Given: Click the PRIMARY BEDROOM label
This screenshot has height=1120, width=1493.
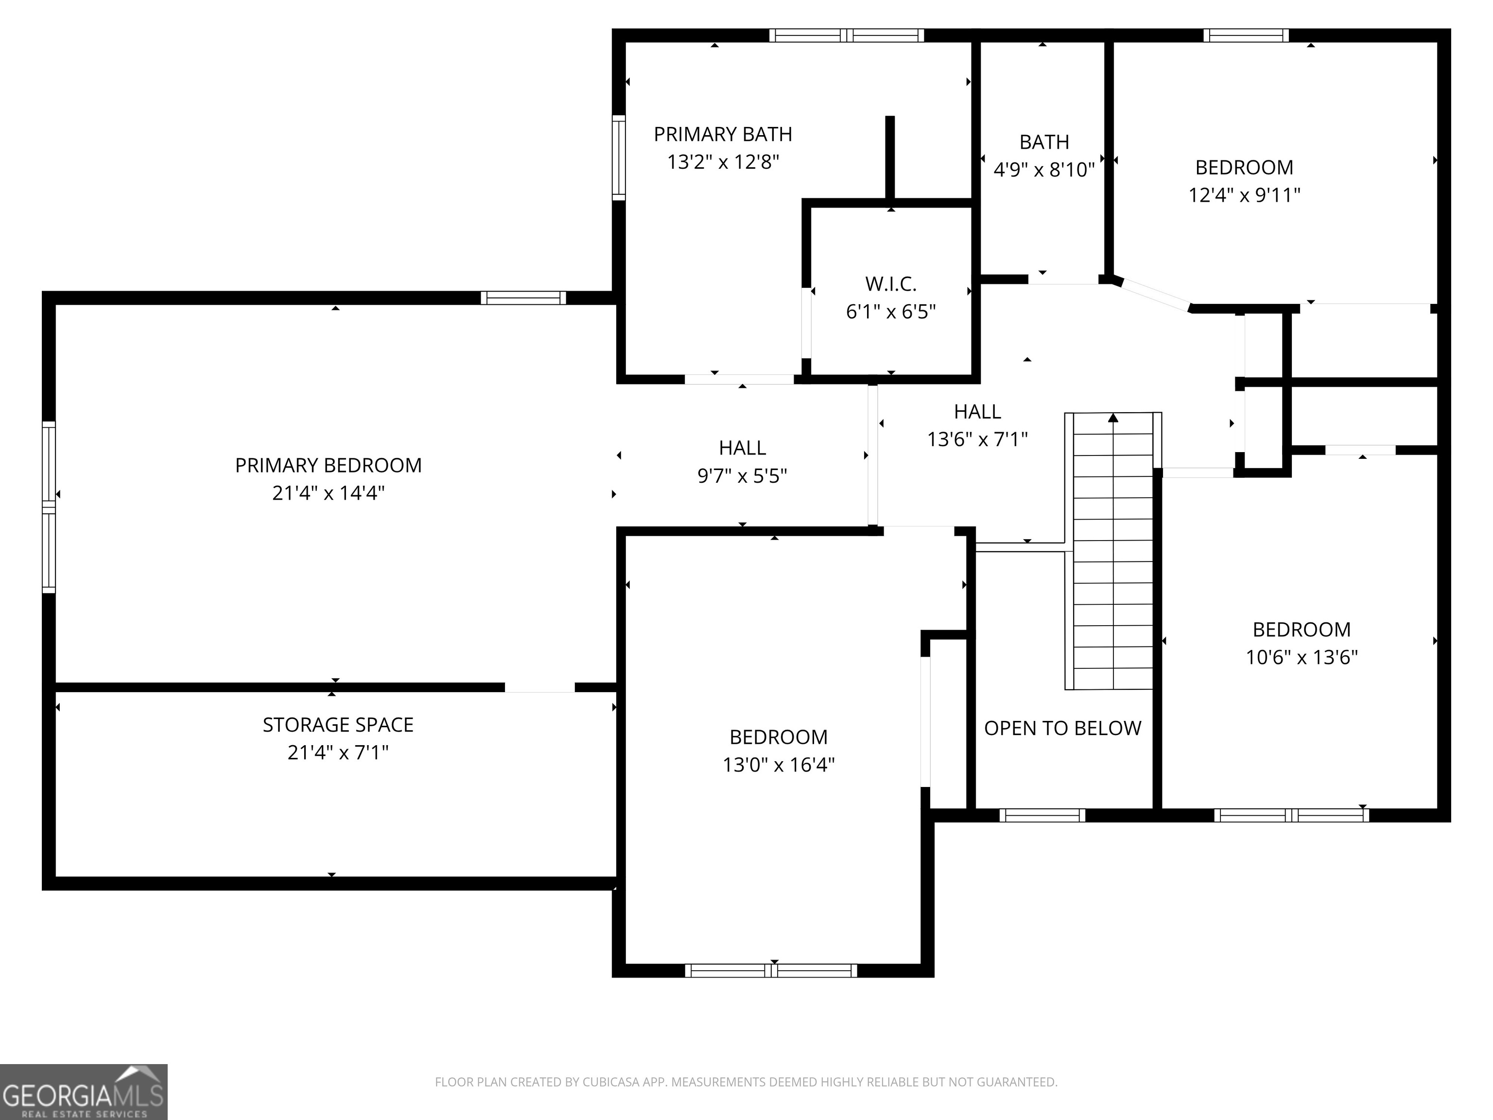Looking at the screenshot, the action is tap(328, 465).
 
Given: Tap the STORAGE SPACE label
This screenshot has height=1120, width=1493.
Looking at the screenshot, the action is tap(338, 724).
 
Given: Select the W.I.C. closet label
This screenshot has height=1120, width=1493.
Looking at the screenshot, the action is tap(891, 283).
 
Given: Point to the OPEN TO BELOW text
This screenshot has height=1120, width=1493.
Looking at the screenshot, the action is tap(1062, 728).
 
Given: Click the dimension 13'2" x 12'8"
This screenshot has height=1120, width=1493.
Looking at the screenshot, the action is tap(723, 162).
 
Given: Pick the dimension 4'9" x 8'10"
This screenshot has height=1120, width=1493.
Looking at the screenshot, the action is tap(1044, 170).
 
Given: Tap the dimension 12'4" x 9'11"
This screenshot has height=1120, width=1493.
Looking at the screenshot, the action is tap(1244, 195).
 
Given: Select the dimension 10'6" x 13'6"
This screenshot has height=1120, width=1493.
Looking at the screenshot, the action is tap(1302, 657).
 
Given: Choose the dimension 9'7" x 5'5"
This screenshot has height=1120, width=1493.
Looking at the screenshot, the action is tap(742, 476).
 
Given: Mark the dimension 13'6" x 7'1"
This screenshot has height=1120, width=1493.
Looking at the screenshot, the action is tap(977, 439).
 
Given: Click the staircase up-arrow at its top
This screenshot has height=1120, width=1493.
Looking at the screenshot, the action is tap(1113, 417).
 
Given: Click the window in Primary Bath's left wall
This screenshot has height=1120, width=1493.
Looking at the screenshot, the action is tap(618, 157).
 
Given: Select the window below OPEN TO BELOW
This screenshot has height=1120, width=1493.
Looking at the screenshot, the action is tap(1042, 815).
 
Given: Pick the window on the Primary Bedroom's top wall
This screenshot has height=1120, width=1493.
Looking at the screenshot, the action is tap(523, 297).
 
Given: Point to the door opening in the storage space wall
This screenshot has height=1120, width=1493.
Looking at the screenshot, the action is tap(540, 687).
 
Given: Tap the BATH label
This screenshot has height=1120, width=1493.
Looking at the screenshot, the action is tap(1044, 142).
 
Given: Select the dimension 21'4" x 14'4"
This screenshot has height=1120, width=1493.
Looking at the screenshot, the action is tap(328, 493).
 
